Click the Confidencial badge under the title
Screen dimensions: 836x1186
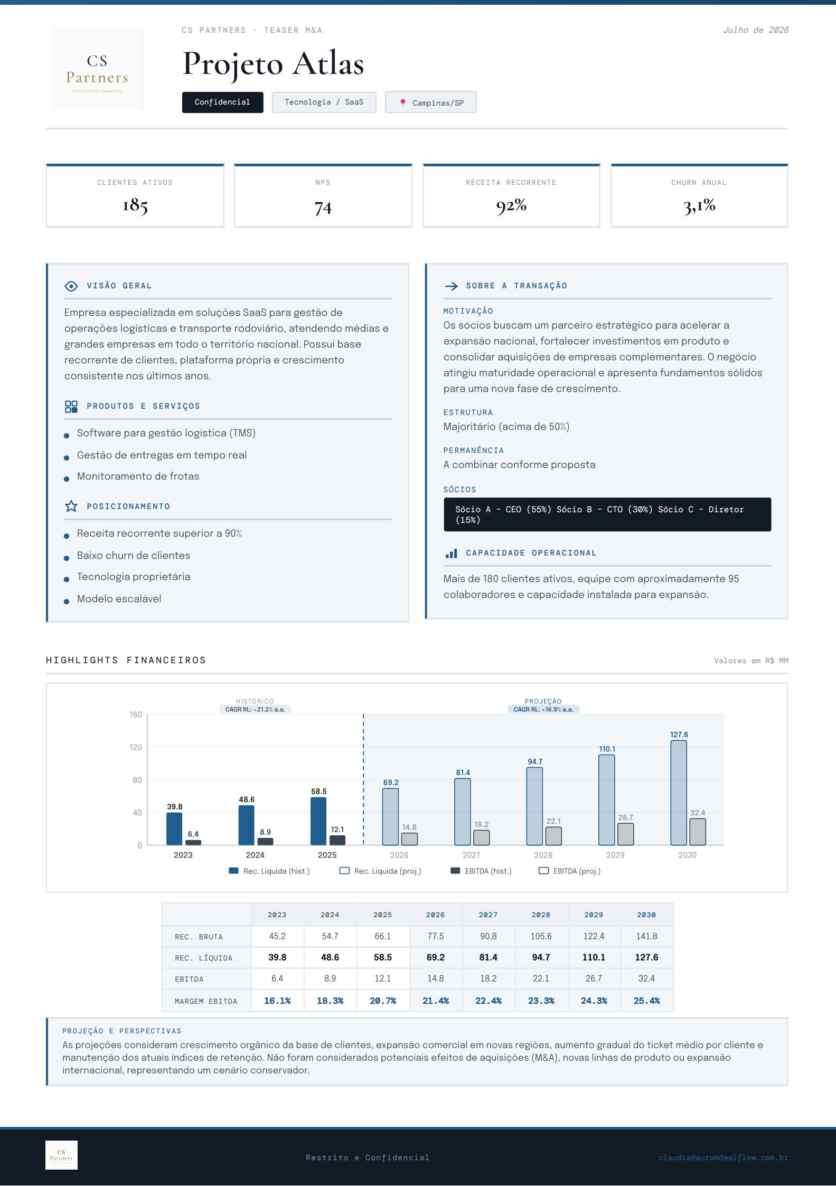[222, 102]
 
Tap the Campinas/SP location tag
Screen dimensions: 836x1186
[430, 102]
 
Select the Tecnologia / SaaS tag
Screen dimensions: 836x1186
[324, 102]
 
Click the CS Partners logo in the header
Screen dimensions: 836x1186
[98, 69]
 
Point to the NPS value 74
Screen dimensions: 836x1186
[323, 208]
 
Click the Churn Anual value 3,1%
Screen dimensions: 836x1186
[699, 206]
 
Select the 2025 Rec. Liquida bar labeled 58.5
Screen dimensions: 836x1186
[318, 821]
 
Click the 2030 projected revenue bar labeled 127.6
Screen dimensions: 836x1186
[679, 793]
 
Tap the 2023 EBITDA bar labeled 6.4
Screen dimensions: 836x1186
[193, 842]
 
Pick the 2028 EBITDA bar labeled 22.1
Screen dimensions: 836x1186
[553, 836]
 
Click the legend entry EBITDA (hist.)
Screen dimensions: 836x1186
[481, 871]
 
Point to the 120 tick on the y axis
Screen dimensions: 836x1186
[136, 747]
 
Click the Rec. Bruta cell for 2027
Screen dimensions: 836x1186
[489, 936]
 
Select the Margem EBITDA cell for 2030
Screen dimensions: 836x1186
[647, 1001]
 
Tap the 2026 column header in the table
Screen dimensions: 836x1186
[436, 915]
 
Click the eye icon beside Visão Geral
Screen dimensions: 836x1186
[71, 286]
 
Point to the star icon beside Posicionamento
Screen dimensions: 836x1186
[71, 506]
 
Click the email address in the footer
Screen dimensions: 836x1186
[723, 1157]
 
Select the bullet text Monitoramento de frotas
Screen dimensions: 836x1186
[138, 476]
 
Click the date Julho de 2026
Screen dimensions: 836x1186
[756, 30]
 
